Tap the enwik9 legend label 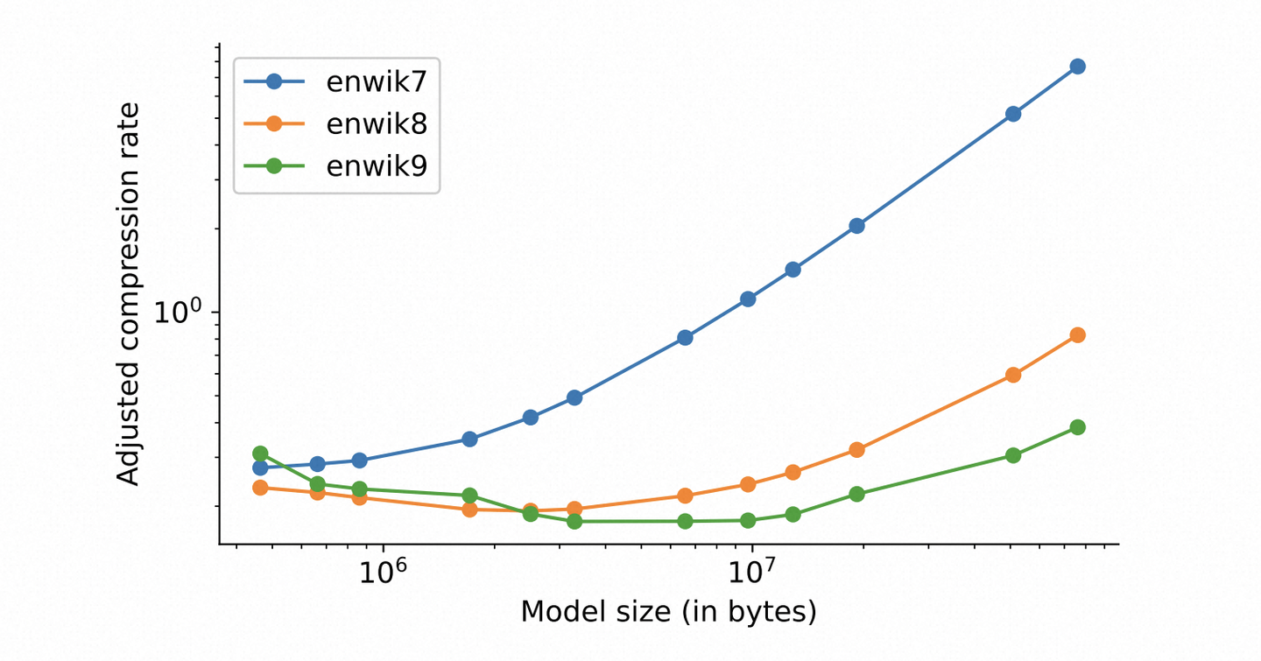click(x=377, y=165)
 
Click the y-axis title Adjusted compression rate click(x=129, y=293)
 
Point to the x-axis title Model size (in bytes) click(x=668, y=612)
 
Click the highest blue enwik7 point click(x=1078, y=67)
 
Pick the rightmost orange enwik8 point click(x=1078, y=335)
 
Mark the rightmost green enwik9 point click(x=1078, y=427)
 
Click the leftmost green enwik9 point click(x=260, y=454)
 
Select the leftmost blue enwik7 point click(x=260, y=468)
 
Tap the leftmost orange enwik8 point click(x=260, y=488)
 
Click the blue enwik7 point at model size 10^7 click(x=748, y=299)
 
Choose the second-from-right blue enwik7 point click(x=1013, y=114)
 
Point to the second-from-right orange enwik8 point click(x=1013, y=375)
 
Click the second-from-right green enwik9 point click(x=1013, y=455)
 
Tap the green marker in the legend click(x=273, y=165)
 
